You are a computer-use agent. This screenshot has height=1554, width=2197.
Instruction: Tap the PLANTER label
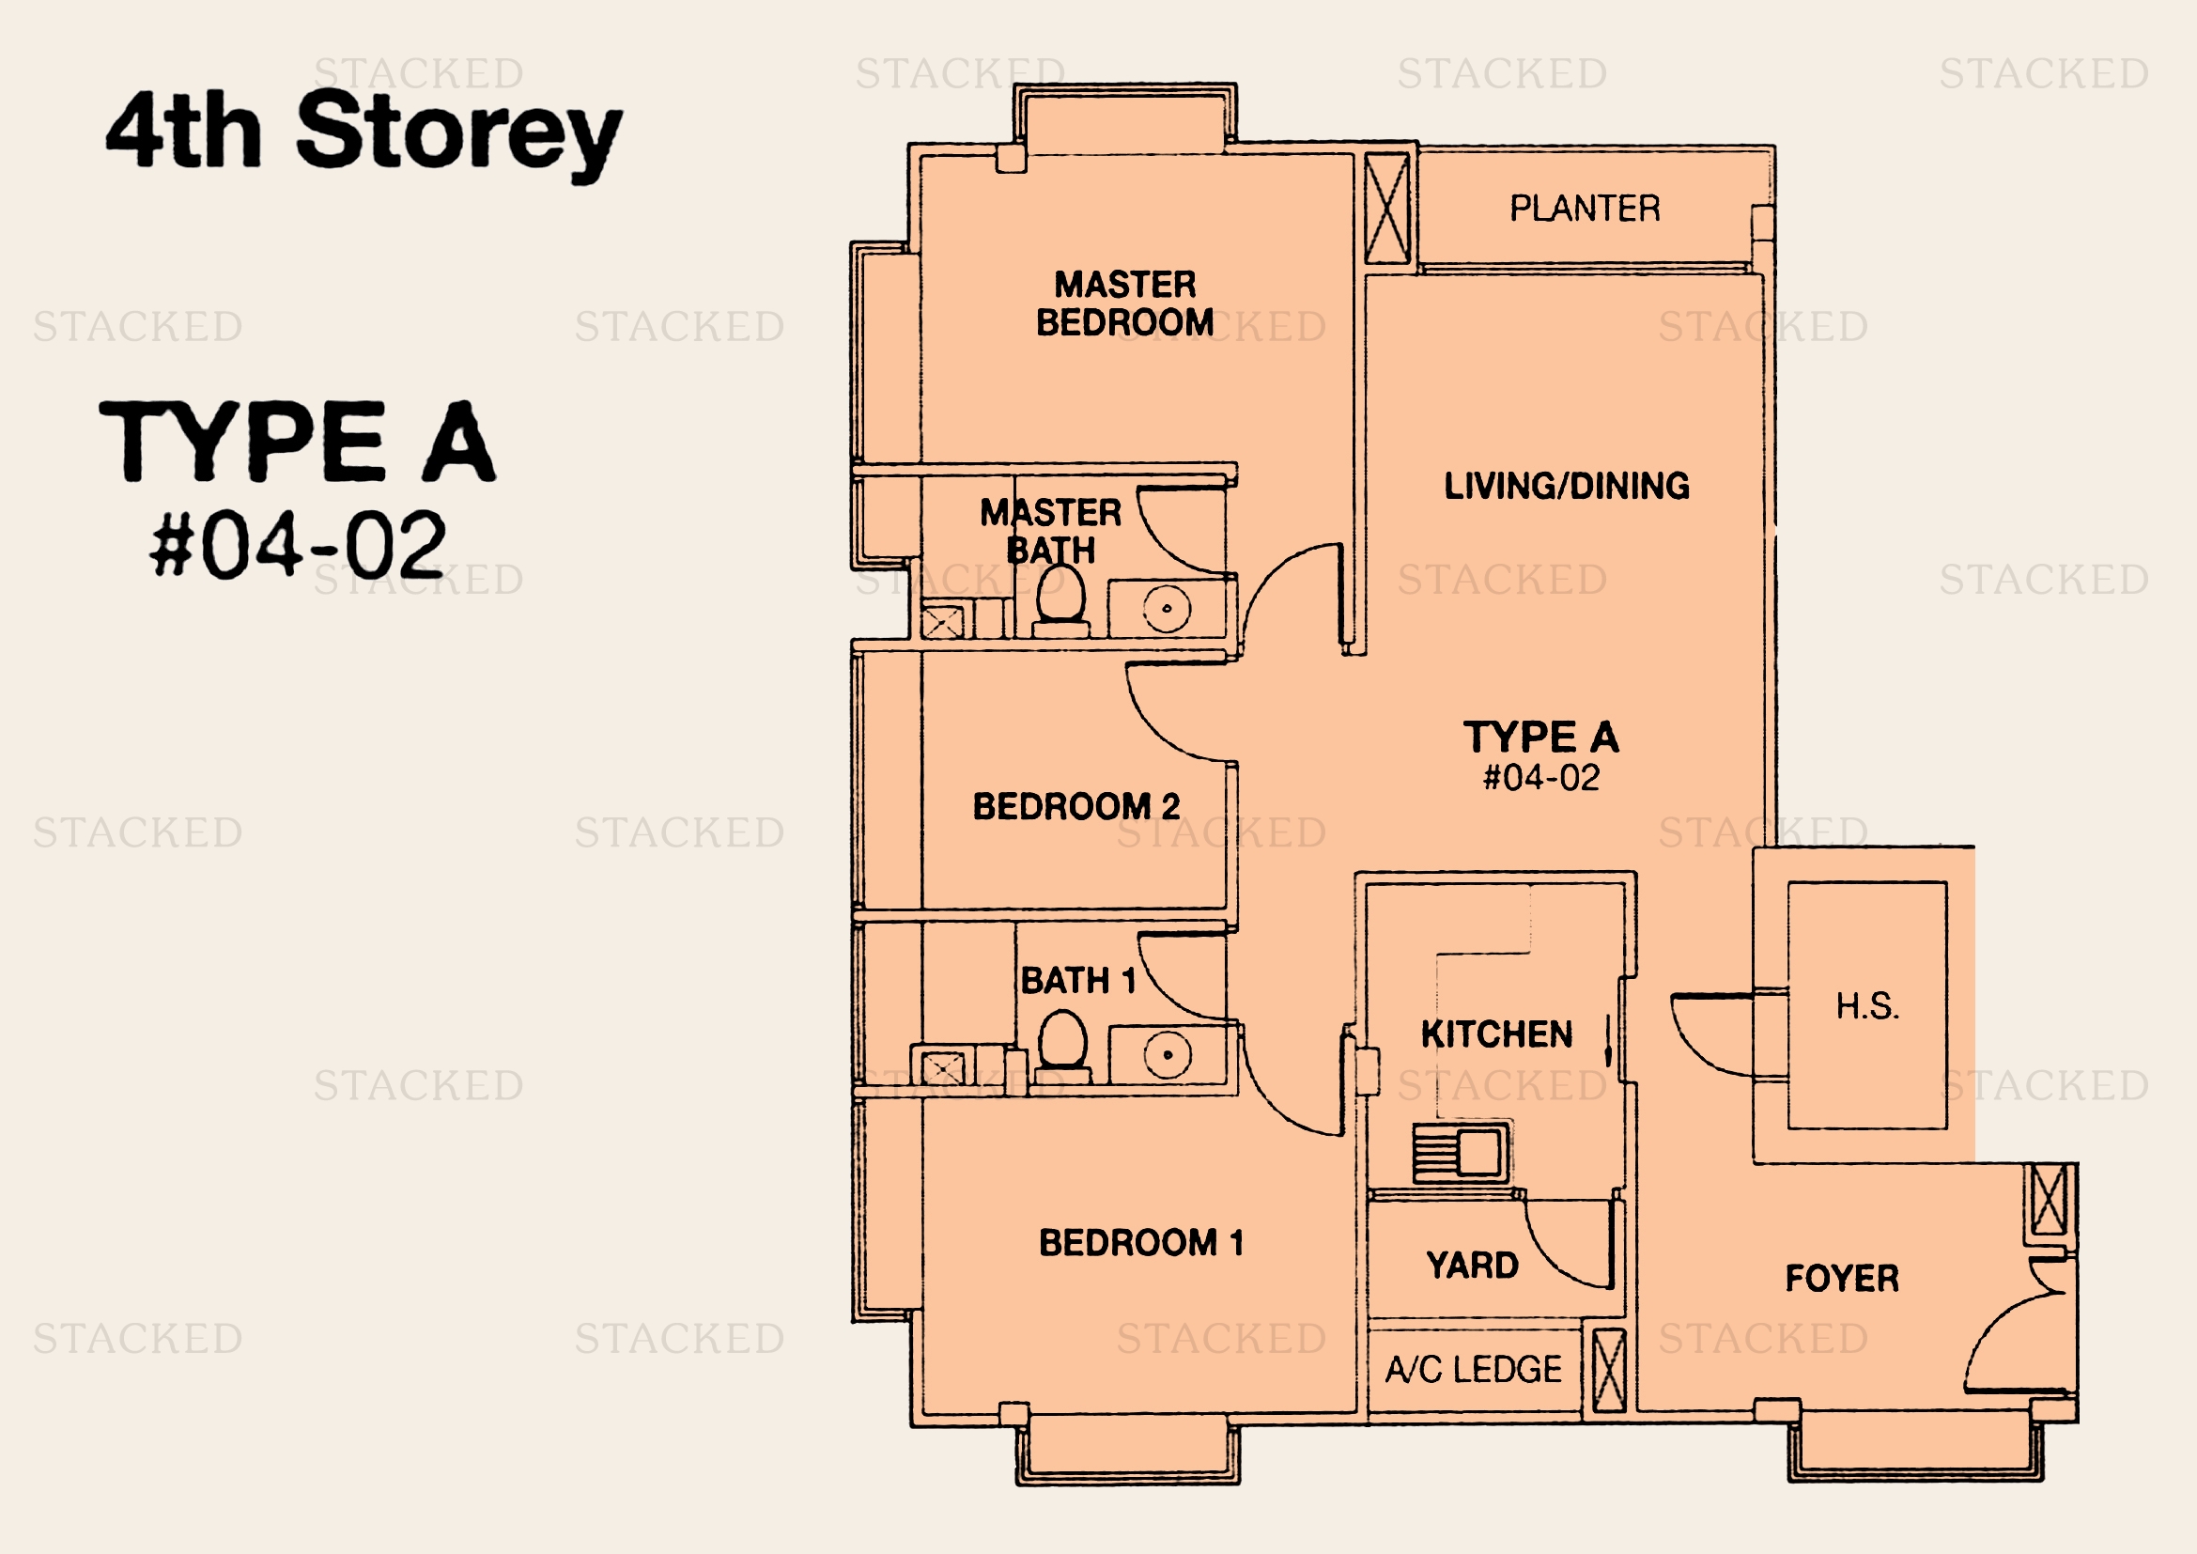point(1585,209)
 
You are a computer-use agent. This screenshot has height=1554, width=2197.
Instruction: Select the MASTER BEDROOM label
point(1125,303)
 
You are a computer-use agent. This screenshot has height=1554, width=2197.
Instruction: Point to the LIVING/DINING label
point(1567,486)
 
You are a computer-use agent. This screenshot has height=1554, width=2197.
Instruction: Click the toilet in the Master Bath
point(1061,601)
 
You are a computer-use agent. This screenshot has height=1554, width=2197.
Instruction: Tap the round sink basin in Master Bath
point(1167,609)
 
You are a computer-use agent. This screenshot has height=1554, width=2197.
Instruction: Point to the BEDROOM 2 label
point(1076,807)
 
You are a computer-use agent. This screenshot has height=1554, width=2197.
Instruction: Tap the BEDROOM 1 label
point(1141,1243)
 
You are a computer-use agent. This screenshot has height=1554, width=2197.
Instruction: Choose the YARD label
point(1473,1266)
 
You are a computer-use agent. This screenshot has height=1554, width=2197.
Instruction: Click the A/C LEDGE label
point(1474,1369)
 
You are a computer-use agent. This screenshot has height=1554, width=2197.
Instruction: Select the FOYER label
point(1842,1279)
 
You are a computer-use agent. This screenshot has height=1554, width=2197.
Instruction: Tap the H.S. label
point(1867,1005)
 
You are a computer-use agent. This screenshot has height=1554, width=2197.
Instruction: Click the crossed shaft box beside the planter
point(1386,210)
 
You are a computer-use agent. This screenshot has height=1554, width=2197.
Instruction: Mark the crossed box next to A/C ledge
point(1608,1369)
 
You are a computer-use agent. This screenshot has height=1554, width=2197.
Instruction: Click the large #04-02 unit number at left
point(298,545)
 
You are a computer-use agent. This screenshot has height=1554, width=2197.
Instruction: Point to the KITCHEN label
point(1496,1034)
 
